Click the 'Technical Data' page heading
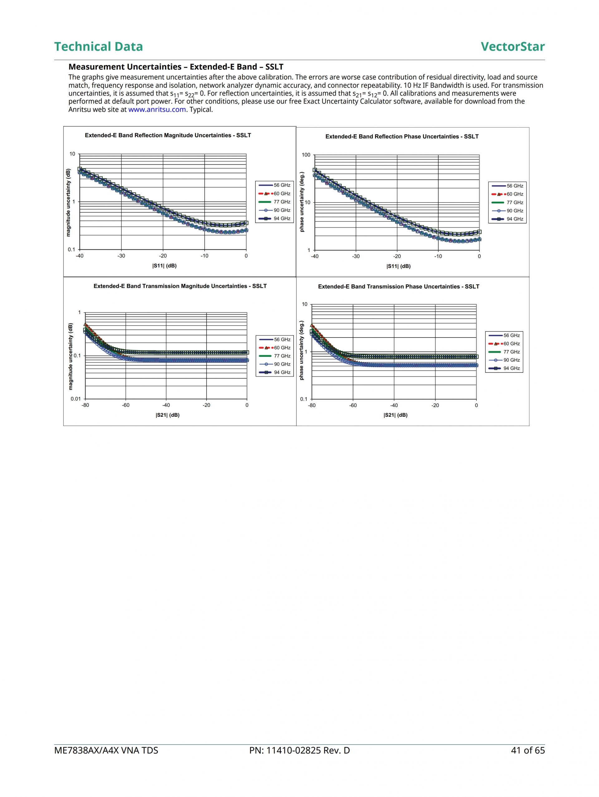point(98,46)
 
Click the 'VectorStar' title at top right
point(513,46)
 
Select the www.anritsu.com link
point(157,109)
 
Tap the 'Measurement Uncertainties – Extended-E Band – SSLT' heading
point(176,67)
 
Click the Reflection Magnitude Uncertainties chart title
point(168,135)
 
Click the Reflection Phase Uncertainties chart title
point(402,137)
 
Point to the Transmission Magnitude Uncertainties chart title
point(180,286)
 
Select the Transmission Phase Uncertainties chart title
point(399,286)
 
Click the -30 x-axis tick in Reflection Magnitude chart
point(121,256)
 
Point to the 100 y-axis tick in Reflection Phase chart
point(306,155)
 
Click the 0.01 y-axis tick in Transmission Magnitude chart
point(76,399)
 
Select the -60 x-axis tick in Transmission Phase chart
point(353,405)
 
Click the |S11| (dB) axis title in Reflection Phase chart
point(398,266)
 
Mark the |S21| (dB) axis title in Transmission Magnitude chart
point(168,415)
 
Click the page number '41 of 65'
point(528,751)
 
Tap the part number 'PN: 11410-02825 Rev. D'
point(299,751)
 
